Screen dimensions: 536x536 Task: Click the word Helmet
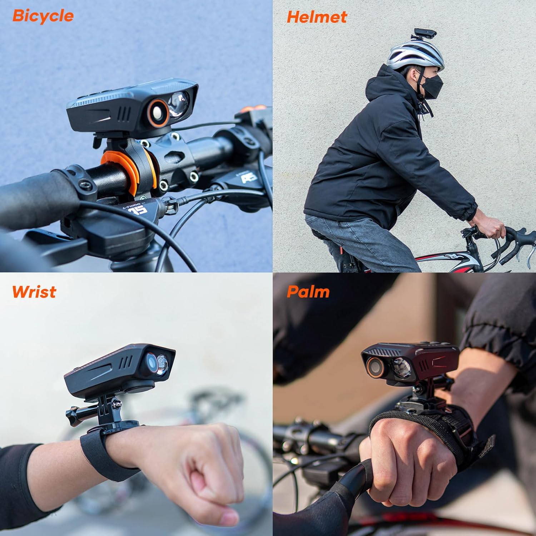(317, 17)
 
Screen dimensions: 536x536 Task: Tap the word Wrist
(34, 292)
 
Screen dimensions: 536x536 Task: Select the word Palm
(308, 292)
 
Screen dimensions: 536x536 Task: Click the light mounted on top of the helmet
(427, 37)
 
